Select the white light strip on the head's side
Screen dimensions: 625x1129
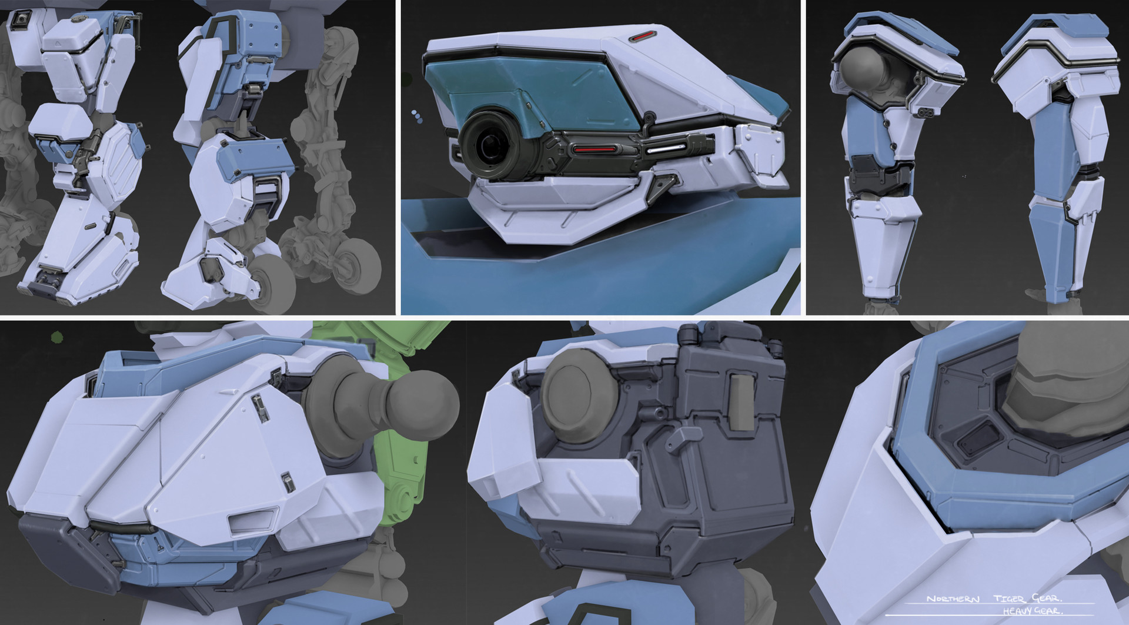coord(667,148)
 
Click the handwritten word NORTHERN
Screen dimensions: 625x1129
coord(953,599)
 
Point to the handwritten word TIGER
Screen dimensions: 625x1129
coord(1008,599)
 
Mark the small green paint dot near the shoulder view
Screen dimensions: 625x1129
coord(57,337)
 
